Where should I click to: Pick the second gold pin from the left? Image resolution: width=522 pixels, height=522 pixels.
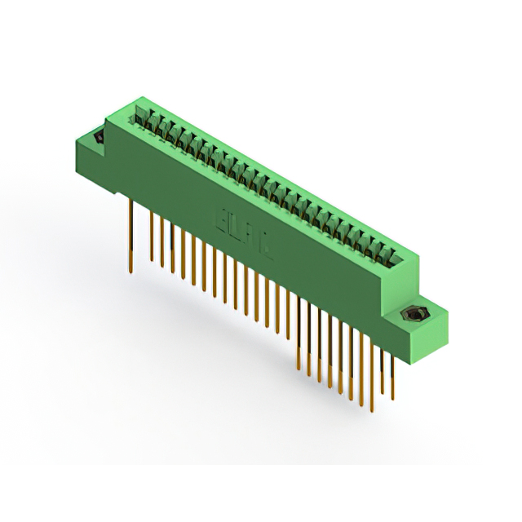point(151,237)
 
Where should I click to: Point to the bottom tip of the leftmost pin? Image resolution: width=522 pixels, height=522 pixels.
point(130,272)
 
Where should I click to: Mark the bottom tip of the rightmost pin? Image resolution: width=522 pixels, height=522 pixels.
point(392,400)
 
